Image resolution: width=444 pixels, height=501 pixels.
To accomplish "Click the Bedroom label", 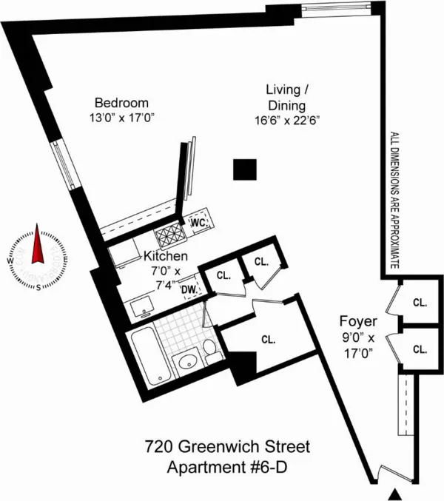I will [x=122, y=103].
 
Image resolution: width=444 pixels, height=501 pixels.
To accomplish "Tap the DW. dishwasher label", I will [x=189, y=289].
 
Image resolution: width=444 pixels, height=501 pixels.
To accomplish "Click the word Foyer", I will [x=359, y=323].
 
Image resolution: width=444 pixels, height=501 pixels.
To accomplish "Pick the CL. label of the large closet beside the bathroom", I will [x=268, y=340].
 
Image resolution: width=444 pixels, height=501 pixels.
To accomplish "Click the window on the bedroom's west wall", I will [x=65, y=165].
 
